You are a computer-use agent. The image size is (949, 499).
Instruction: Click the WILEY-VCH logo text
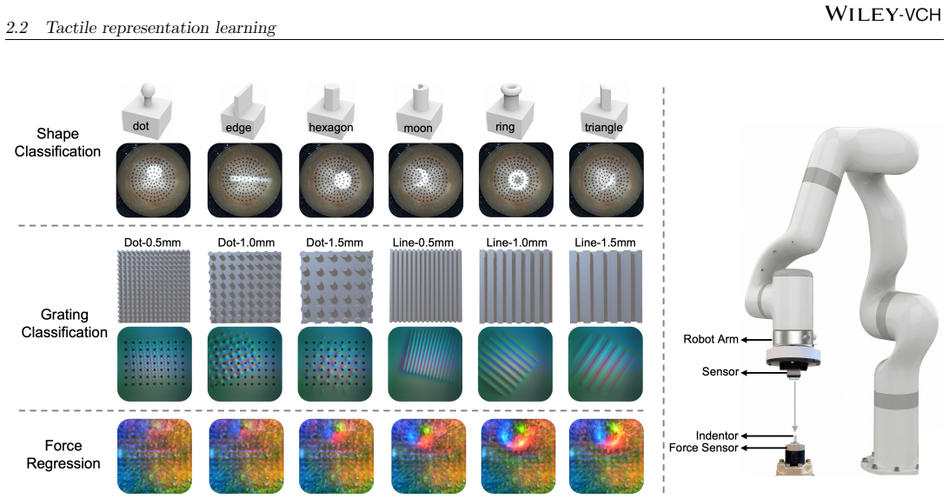(x=883, y=13)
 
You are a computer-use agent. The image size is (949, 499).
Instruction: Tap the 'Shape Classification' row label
(x=57, y=143)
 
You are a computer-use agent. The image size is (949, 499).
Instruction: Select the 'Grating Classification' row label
(x=64, y=323)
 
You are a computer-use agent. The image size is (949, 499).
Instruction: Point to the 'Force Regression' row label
(x=63, y=454)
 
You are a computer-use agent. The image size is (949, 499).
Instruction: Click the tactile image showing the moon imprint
(x=426, y=180)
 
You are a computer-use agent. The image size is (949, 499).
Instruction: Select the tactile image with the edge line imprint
(x=244, y=180)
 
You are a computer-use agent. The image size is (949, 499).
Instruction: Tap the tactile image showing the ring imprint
(x=516, y=180)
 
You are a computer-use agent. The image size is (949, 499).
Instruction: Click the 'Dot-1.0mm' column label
(x=246, y=243)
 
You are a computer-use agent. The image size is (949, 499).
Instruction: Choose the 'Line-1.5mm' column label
(x=605, y=243)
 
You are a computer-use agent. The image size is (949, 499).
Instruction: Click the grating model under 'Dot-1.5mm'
(x=336, y=287)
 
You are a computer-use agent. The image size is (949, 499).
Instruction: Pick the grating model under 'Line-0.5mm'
(x=425, y=287)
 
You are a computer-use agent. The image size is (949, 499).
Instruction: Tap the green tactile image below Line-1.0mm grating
(x=515, y=364)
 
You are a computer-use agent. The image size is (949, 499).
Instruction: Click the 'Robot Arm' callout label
(x=711, y=339)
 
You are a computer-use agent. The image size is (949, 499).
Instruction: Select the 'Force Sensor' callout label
(x=703, y=448)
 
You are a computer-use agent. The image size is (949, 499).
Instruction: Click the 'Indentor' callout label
(x=717, y=436)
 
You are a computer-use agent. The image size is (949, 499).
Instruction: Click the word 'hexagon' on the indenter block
(x=331, y=127)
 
